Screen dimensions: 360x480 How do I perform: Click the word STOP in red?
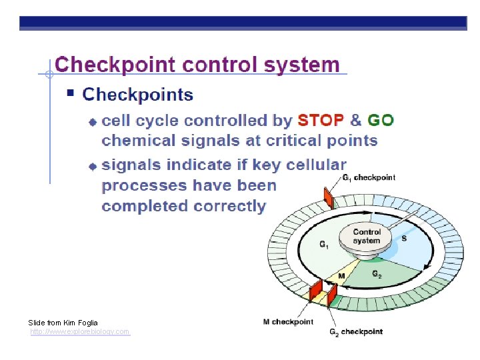[321, 121]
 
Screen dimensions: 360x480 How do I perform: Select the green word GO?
[381, 121]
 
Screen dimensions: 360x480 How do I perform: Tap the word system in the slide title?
[301, 65]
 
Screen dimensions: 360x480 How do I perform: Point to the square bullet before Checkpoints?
[71, 94]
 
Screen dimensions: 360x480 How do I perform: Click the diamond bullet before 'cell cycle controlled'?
[93, 122]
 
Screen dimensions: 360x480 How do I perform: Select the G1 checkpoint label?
[369, 177]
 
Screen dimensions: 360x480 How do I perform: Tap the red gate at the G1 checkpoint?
[328, 196]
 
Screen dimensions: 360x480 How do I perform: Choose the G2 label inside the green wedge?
[377, 274]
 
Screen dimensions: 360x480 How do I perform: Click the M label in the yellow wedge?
[341, 276]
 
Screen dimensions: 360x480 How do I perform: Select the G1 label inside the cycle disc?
[323, 245]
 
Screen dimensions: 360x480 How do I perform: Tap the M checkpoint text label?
[288, 322]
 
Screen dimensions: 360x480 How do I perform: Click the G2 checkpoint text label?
[356, 332]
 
